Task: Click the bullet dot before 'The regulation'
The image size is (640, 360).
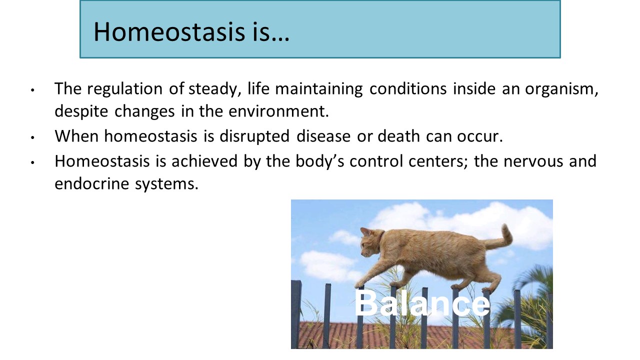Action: pos(32,90)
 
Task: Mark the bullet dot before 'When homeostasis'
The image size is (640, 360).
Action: pos(32,137)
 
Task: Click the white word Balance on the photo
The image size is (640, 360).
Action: pos(422,303)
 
